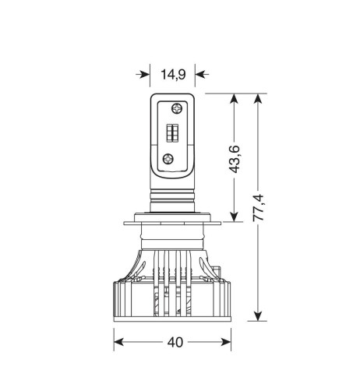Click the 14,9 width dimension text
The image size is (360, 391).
(x=171, y=76)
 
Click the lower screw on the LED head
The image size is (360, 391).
(x=166, y=158)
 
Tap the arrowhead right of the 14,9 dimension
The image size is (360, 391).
(x=200, y=76)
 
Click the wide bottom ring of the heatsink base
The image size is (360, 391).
(x=173, y=312)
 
